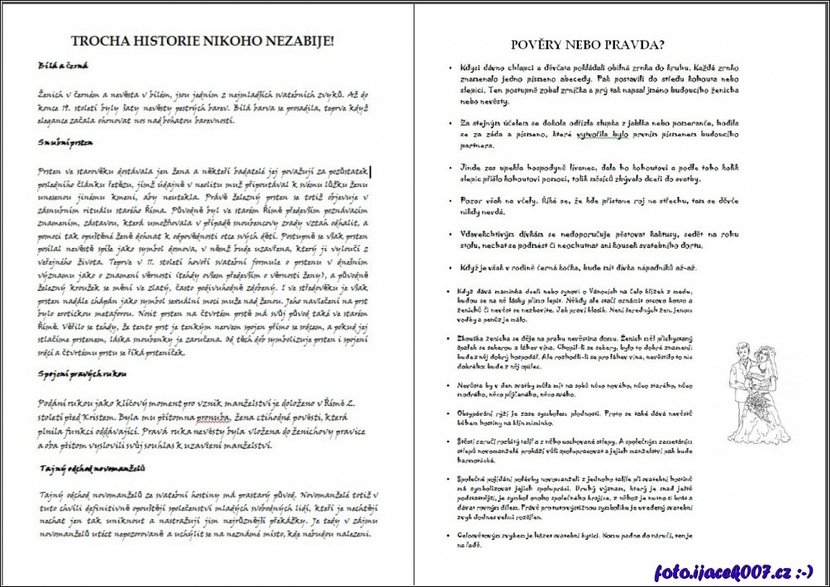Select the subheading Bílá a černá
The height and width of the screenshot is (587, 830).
tap(63, 66)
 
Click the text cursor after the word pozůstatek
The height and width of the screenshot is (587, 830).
tap(371, 172)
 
